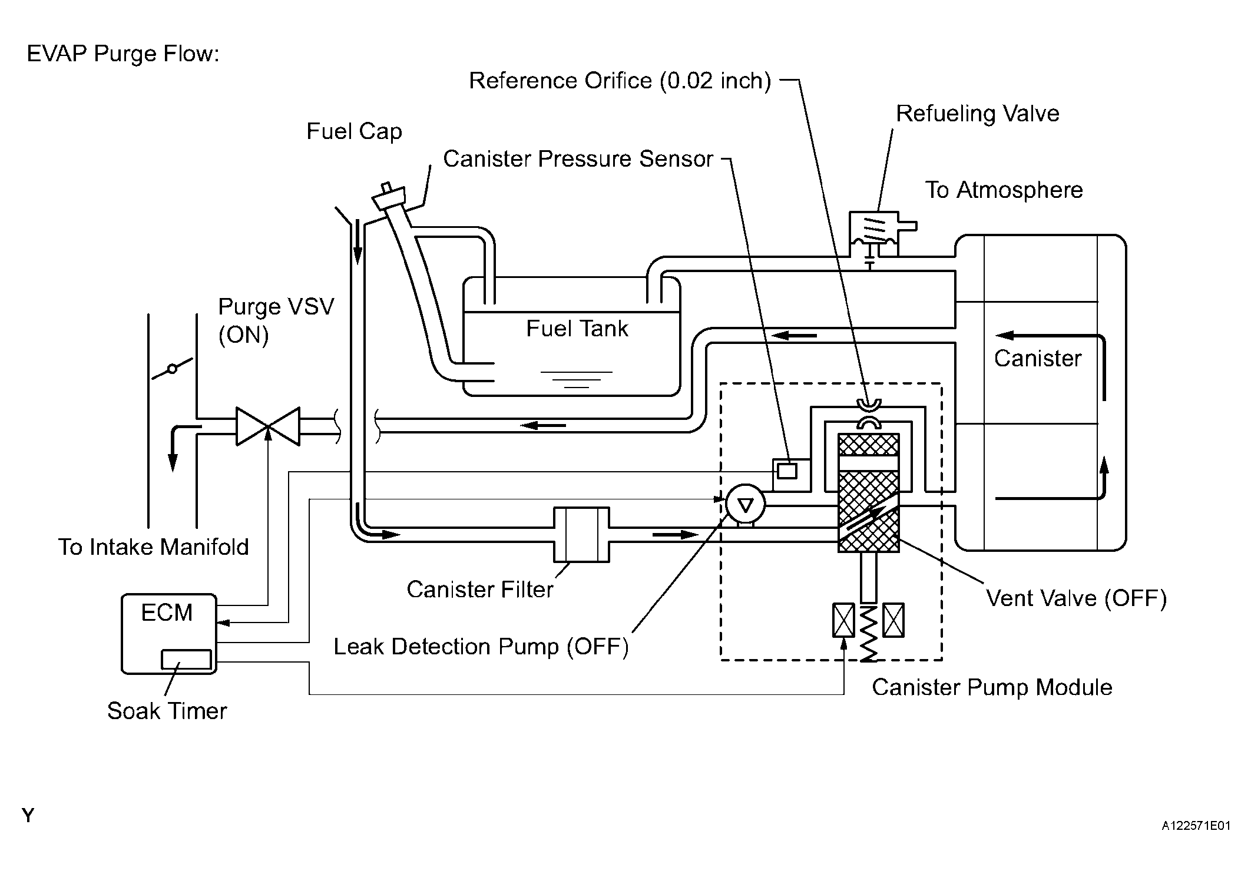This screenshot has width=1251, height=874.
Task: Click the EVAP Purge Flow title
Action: pos(123,54)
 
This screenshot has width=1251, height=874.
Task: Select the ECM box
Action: pos(169,634)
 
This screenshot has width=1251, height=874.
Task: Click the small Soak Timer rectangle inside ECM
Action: pos(187,660)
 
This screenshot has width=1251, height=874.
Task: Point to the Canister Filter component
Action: pos(581,535)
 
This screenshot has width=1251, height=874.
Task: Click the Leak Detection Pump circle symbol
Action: pos(745,504)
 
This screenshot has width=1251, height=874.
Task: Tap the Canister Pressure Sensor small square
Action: pos(787,471)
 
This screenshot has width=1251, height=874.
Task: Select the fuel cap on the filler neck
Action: pos(389,196)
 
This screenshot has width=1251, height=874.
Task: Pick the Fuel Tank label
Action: pos(577,329)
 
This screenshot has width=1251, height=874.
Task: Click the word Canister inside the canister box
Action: pos(1038,358)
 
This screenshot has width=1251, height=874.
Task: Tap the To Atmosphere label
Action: pos(1004,190)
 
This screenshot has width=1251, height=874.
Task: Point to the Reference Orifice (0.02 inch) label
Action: pos(620,81)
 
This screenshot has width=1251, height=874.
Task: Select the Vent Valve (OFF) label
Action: pos(1076,598)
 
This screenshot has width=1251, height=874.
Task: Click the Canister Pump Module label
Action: pos(992,687)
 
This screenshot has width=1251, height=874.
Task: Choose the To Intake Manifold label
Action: pos(153,547)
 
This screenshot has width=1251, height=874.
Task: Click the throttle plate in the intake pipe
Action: pos(172,369)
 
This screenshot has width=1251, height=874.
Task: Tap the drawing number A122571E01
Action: pos(1196,826)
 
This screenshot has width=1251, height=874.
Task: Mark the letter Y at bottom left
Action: pos(28,816)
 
